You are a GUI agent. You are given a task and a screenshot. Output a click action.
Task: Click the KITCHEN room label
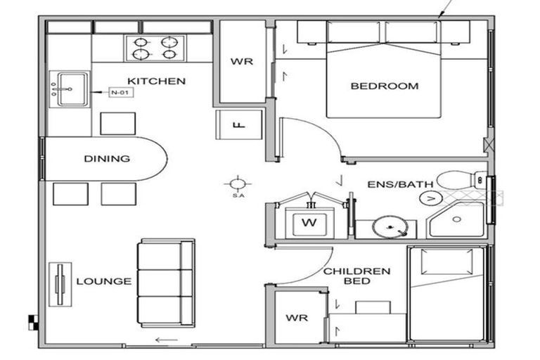(x=156, y=81)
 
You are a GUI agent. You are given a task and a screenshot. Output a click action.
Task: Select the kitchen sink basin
(x=72, y=89)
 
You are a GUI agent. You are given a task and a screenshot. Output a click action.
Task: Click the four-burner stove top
(x=155, y=48)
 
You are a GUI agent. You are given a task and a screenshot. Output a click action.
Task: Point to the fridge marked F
(x=238, y=126)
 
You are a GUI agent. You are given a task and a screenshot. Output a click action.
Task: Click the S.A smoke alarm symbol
(x=238, y=184)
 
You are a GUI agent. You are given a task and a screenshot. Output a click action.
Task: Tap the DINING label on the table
(x=107, y=158)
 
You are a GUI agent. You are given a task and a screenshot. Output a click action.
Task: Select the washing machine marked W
(x=307, y=223)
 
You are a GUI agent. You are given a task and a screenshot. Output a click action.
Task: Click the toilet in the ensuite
(x=457, y=180)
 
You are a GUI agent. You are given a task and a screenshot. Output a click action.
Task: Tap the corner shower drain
(x=457, y=219)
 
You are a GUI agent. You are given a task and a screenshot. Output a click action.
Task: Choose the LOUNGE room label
(x=104, y=281)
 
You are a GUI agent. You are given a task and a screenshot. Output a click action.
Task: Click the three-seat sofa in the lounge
(x=166, y=283)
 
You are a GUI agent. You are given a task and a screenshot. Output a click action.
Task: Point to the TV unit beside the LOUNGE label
(x=60, y=283)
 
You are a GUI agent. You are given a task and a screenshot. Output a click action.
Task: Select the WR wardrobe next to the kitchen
(x=241, y=61)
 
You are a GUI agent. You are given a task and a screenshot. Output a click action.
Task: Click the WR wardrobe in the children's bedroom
(x=297, y=318)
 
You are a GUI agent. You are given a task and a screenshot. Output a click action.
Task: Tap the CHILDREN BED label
(x=356, y=276)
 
